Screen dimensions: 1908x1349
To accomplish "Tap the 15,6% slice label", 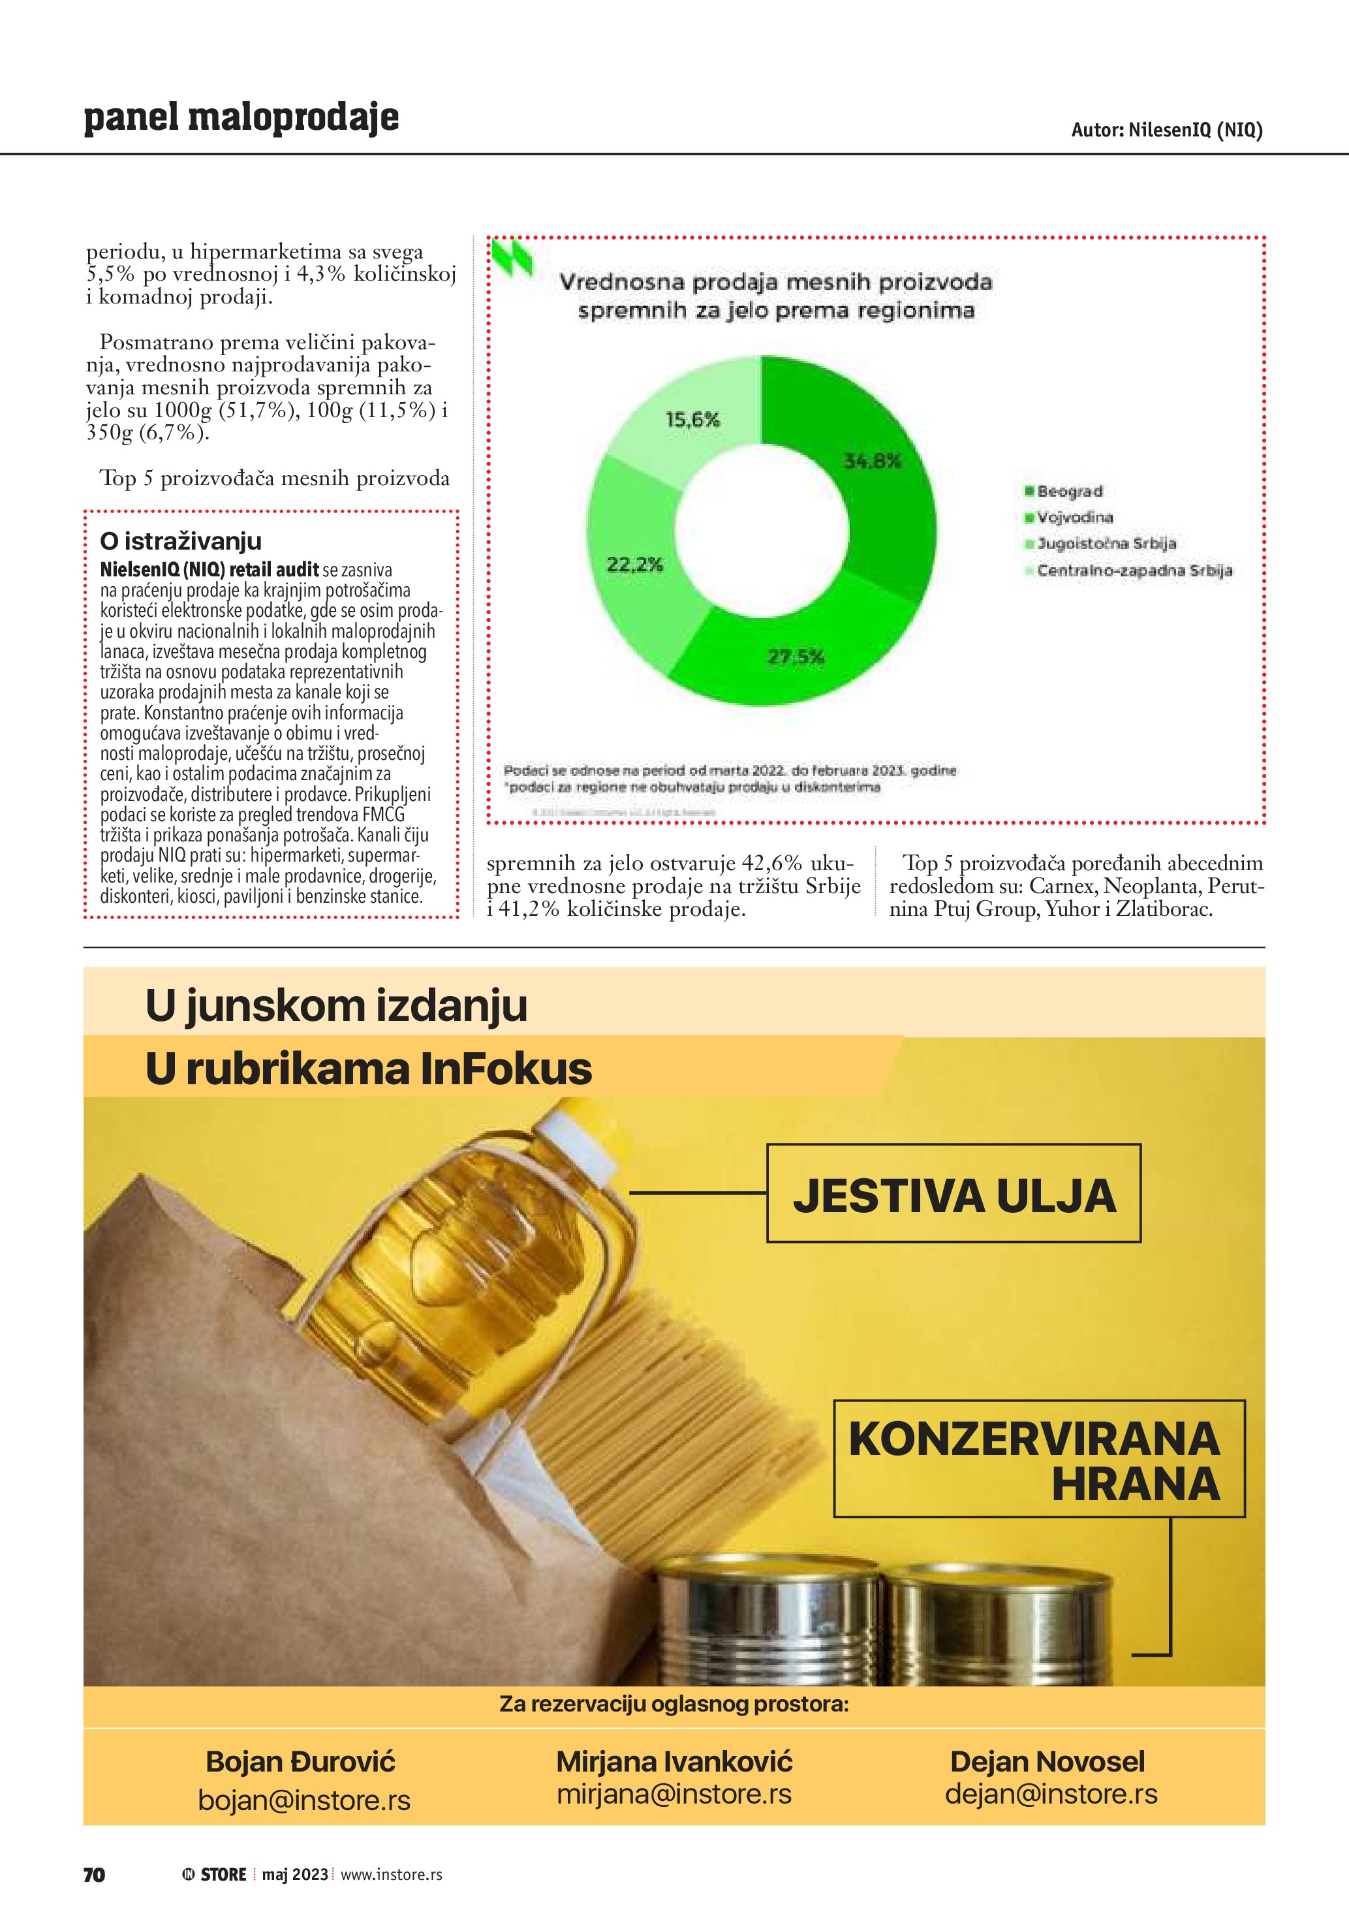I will coord(693,420).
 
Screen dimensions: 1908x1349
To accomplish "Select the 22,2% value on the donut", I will coord(634,565).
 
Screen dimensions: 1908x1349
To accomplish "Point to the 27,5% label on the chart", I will coord(796,657).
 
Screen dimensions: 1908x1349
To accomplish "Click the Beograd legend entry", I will coord(1069,491).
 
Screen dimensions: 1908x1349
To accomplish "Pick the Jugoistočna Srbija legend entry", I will coord(1106,544).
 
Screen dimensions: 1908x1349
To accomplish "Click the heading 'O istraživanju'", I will coord(180,541).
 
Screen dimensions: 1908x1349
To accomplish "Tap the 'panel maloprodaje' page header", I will coord(241,118).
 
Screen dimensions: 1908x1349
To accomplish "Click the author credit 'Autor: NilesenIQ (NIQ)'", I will coord(1166,130).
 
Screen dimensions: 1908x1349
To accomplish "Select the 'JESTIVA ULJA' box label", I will coord(954,1195).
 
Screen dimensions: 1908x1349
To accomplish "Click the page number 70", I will coord(94,1875).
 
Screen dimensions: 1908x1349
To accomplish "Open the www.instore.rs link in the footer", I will coord(391,1875).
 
